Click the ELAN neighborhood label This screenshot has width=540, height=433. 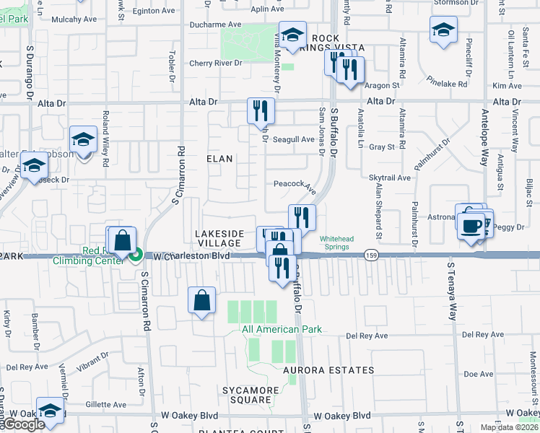219,158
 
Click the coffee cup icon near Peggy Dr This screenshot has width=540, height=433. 470,224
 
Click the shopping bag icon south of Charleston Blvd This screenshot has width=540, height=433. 203,300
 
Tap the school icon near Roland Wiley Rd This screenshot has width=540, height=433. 84,140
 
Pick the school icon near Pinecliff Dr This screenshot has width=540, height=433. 443,31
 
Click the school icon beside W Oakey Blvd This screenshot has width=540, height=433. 51,411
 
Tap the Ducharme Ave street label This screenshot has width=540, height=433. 214,25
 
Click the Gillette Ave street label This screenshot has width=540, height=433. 105,405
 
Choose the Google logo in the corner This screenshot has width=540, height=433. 23,424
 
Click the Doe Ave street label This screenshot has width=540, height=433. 478,374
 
